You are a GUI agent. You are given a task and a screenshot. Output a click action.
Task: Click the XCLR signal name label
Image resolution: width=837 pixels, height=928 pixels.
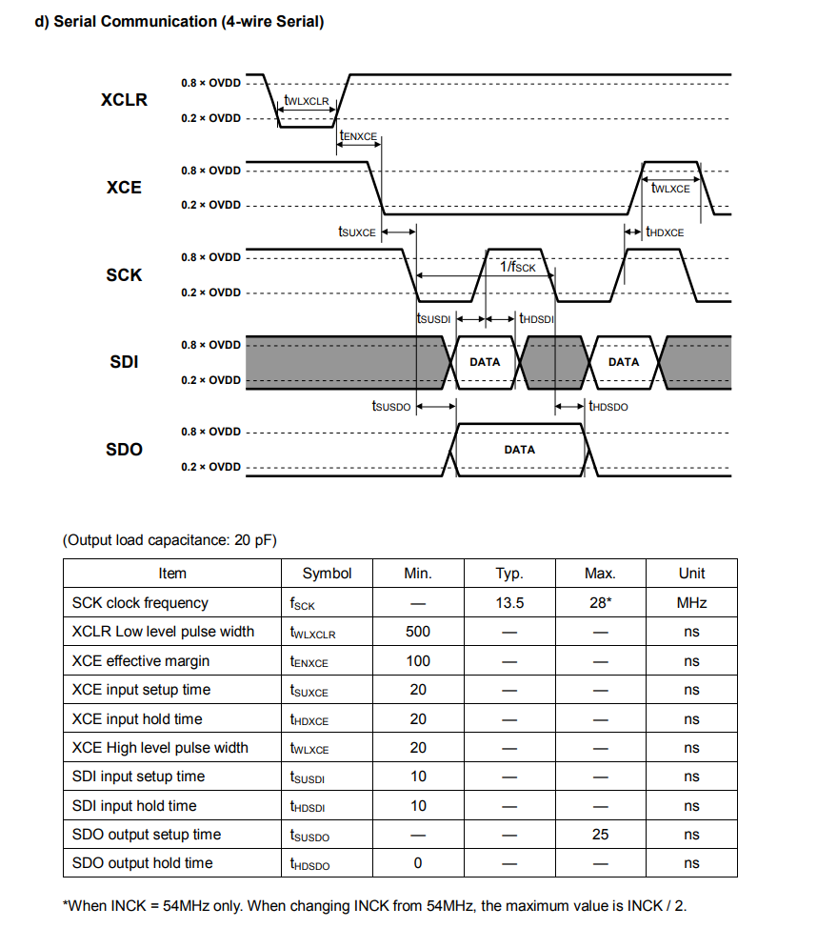124,100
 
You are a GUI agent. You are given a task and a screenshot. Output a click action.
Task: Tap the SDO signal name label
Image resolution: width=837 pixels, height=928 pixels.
124,449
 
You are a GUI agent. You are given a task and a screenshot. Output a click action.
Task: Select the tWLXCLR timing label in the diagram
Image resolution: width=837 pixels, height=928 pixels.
306,100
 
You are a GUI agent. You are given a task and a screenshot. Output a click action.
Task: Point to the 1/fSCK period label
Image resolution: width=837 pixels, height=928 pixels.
518,267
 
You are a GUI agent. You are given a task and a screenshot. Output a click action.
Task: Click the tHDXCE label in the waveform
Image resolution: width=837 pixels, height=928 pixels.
665,232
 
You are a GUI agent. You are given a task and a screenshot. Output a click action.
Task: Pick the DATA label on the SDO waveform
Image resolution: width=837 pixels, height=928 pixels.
520,449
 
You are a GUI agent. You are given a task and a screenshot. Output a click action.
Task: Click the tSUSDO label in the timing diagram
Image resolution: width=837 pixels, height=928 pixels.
390,407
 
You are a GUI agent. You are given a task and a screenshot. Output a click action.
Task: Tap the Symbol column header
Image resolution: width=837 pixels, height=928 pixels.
327,574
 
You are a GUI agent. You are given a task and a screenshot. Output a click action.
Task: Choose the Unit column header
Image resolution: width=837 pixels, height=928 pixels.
691,574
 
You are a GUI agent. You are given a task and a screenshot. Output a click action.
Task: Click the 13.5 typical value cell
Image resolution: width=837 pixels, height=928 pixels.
509,603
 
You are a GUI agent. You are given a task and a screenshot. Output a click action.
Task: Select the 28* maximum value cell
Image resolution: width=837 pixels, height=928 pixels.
600,603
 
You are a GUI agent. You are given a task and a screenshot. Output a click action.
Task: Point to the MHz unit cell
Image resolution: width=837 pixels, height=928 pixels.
691,603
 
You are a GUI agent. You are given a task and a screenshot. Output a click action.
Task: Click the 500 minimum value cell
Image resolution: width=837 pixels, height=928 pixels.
418,632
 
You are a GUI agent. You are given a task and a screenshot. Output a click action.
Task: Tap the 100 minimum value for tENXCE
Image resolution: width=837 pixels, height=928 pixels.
418,661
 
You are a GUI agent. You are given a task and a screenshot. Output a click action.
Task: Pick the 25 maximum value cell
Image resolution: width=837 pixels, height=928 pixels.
600,835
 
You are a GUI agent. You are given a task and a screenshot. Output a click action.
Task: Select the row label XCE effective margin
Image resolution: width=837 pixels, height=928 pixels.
141,661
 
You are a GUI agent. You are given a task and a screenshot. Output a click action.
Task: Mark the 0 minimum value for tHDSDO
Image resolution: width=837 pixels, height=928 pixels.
418,863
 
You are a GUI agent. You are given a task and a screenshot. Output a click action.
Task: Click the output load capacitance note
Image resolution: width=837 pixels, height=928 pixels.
169,540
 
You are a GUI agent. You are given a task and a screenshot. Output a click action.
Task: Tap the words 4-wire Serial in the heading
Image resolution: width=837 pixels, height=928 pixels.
273,21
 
